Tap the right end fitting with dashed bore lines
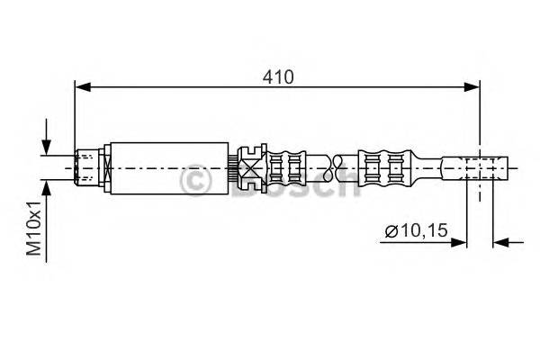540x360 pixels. pyautogui.click(x=486, y=166)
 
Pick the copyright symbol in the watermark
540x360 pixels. pyautogui.click(x=196, y=183)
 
